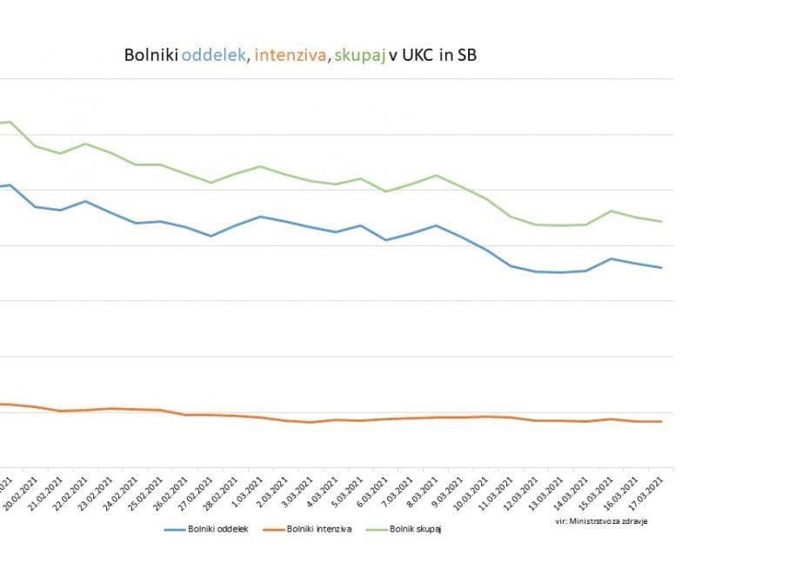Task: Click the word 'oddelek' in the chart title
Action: (215, 57)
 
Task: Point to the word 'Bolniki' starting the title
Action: (152, 57)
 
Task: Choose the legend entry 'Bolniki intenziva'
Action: (317, 528)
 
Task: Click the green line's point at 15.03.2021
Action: (612, 211)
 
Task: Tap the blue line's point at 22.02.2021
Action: (85, 201)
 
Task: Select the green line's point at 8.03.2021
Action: (436, 176)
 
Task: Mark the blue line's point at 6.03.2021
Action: (386, 239)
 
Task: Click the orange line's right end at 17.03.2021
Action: (662, 421)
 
